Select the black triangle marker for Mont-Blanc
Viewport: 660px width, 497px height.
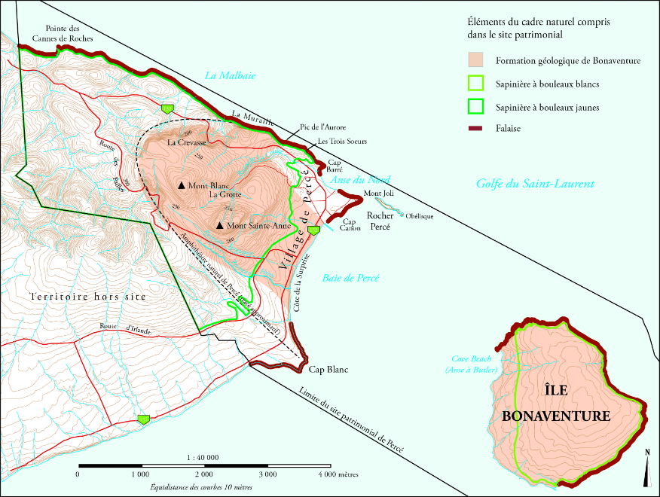(x=182, y=185)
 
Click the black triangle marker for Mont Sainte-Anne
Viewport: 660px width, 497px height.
(x=219, y=226)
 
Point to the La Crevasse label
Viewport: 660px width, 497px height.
(x=183, y=142)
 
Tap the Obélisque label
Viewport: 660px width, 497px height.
(x=418, y=216)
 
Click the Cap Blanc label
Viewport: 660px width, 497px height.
(x=328, y=370)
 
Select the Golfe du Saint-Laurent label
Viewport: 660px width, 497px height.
(x=535, y=184)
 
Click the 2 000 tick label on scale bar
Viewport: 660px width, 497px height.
(x=203, y=475)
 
